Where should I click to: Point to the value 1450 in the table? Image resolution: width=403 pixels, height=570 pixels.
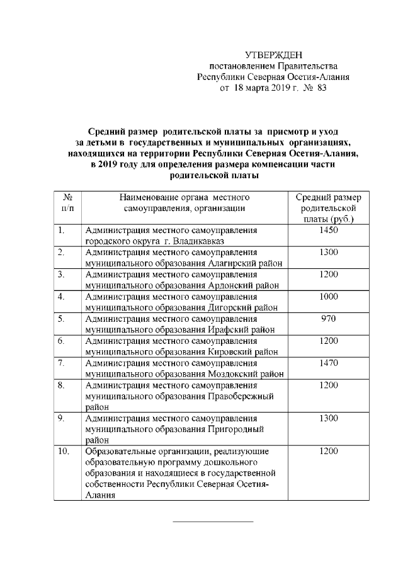click(329, 230)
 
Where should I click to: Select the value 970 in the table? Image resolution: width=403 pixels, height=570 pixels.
click(329, 319)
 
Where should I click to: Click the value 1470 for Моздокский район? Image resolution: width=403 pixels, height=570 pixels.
click(329, 363)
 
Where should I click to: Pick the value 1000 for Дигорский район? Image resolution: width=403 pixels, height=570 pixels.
click(329, 297)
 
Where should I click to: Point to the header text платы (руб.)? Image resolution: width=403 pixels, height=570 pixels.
click(329, 219)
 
